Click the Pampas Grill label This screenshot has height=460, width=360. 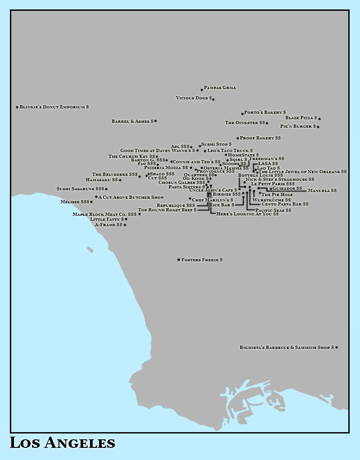(220, 88)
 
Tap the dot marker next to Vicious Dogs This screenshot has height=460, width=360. (213, 99)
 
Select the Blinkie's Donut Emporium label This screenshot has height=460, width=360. (54, 107)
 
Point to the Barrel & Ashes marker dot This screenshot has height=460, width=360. (155, 121)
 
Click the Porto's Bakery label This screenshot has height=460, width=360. (265, 112)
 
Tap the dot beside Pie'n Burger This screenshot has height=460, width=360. (318, 127)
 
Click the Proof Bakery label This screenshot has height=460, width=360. (260, 138)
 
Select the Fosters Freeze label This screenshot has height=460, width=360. (202, 260)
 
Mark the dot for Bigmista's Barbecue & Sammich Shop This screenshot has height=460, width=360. (337, 347)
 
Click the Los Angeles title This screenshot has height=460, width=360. (62, 443)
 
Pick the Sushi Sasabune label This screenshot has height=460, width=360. (80, 189)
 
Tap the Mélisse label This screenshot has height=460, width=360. (75, 202)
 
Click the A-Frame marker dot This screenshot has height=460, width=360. (125, 225)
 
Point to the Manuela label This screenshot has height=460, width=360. (322, 191)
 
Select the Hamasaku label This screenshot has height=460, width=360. (102, 180)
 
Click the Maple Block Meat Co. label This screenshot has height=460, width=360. (104, 214)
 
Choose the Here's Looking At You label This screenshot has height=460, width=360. (247, 214)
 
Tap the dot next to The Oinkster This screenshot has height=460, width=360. (267, 123)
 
